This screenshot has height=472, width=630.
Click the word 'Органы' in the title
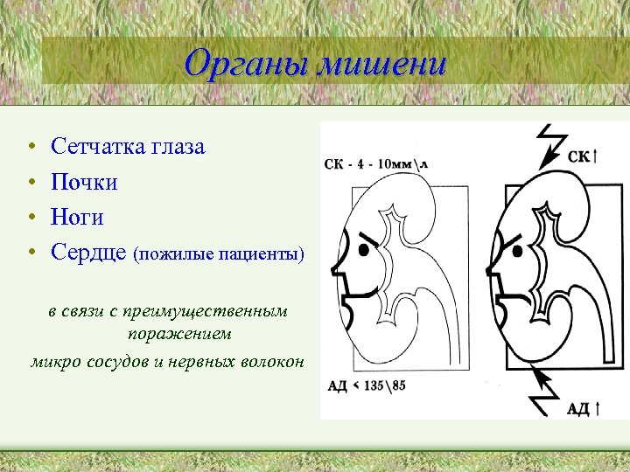coord(246,64)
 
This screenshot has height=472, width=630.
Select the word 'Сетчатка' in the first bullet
coord(99,146)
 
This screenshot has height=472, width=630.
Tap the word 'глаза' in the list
coord(178,146)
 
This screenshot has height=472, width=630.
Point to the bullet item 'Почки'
coord(84,182)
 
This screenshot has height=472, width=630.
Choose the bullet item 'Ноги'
coord(77,217)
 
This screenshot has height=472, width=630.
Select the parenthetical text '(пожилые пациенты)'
coord(219,254)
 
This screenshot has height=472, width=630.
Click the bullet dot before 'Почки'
coord(31,183)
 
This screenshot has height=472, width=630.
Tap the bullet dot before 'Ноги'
coord(31,218)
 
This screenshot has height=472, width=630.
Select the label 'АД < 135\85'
coord(368,385)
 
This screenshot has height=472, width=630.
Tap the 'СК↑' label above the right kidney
coord(582,156)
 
